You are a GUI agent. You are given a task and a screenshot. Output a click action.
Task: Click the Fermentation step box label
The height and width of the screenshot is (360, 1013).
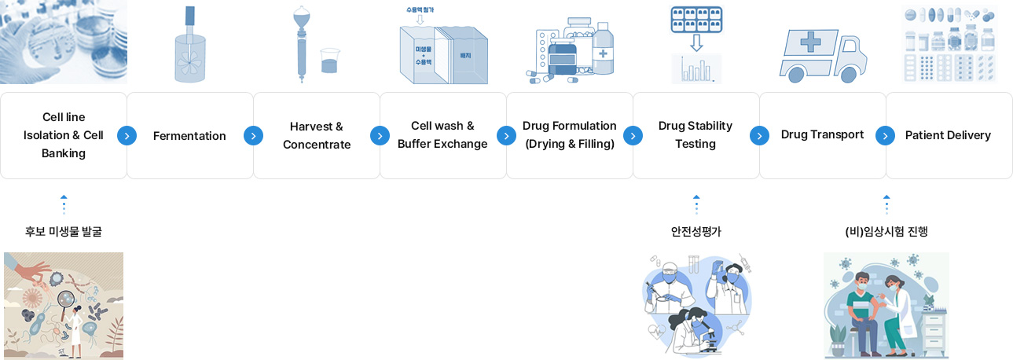pos(189,136)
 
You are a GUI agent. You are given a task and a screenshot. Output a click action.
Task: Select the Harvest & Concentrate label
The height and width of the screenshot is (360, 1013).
pos(317,136)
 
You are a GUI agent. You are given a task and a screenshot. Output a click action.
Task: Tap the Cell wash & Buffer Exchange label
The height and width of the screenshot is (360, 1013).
pos(442,135)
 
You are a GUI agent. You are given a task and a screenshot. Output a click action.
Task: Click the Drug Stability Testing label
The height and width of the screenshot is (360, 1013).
pos(696,135)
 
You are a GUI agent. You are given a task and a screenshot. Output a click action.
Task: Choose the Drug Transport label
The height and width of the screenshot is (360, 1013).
pos(822,135)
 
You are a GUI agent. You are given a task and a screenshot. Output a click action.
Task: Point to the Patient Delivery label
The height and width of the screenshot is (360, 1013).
pos(948,135)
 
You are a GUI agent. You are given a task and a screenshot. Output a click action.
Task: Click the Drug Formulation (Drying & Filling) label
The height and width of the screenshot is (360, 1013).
pos(570,135)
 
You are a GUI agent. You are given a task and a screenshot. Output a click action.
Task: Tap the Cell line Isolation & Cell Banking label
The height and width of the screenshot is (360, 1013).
pos(64,135)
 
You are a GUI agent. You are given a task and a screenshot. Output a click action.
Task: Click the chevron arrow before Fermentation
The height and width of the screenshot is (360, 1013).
pos(127,136)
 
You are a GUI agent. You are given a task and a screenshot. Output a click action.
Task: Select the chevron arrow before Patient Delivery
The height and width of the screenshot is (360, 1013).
pos(886,136)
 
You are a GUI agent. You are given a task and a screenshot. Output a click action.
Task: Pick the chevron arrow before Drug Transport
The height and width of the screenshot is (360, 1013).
pos(759,136)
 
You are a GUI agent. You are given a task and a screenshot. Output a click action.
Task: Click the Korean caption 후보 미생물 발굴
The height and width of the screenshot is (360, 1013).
pos(64,232)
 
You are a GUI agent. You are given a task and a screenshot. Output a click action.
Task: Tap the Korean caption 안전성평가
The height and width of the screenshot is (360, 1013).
pos(696,232)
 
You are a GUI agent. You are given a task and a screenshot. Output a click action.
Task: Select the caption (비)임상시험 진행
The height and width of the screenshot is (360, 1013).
pos(886,232)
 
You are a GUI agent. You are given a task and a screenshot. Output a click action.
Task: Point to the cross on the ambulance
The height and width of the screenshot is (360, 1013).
pos(811,41)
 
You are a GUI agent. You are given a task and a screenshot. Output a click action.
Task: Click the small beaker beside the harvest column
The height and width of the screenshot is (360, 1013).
pos(329,61)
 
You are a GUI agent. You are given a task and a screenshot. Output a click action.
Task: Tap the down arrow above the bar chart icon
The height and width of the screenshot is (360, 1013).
pos(696,42)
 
